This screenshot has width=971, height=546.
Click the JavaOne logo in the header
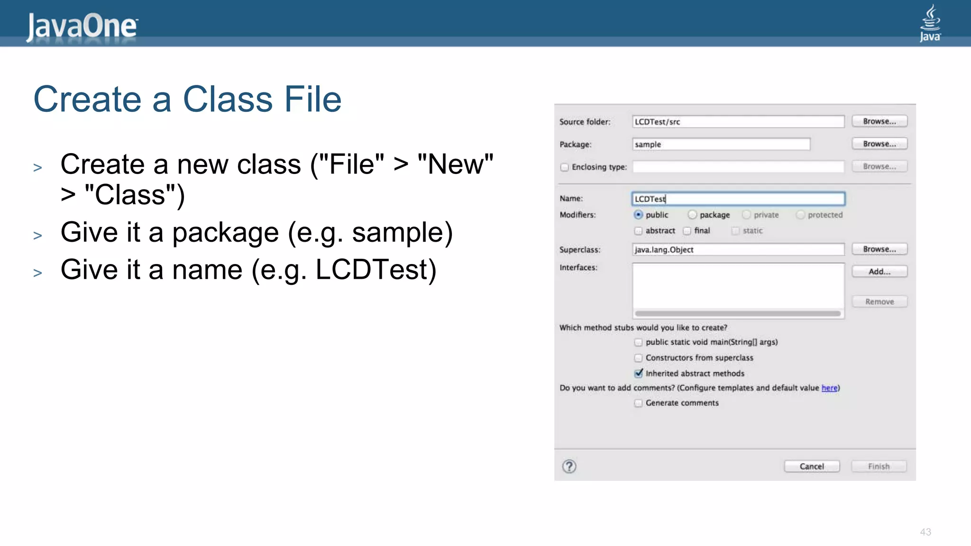[x=82, y=26]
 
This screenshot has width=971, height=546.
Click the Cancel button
[x=812, y=466]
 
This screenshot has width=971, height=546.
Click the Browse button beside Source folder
[x=879, y=121]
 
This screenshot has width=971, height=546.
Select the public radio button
[x=639, y=215]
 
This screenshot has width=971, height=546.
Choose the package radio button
[x=692, y=215]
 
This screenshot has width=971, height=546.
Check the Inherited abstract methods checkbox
[x=639, y=373]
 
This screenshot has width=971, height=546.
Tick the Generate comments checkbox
[x=639, y=403]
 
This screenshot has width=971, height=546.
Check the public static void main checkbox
[x=639, y=342]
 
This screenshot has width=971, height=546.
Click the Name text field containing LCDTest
[x=738, y=199]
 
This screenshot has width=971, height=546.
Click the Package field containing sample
[x=721, y=144]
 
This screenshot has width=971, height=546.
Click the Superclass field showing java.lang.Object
[x=738, y=249]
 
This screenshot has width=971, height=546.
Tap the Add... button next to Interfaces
[x=879, y=272]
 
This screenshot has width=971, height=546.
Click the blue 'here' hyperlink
[x=829, y=388]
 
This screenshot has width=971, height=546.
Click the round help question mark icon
[x=569, y=466]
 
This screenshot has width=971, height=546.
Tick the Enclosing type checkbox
[x=564, y=167]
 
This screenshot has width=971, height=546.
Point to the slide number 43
[x=925, y=532]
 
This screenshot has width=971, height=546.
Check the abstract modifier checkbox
[x=639, y=231]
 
